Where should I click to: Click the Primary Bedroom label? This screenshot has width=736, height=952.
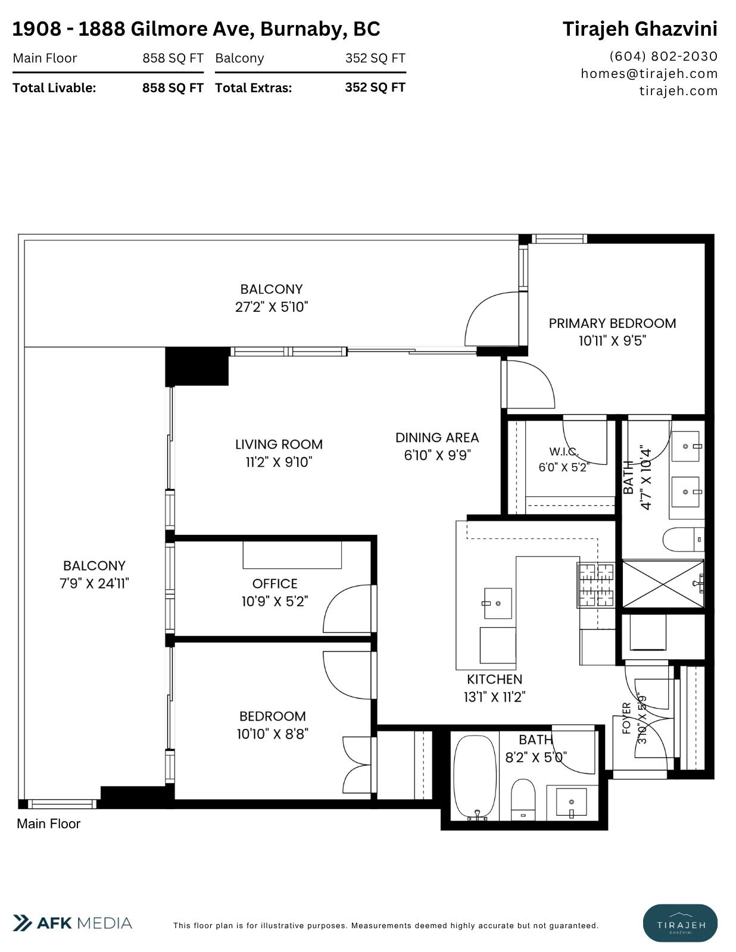(612, 323)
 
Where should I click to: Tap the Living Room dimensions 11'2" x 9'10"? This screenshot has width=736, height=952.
(279, 462)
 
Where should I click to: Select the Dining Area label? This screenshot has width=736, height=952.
(437, 438)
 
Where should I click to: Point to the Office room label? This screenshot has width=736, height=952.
(275, 584)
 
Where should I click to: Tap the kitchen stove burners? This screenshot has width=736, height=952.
(596, 585)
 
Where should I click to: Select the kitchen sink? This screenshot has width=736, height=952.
(498, 603)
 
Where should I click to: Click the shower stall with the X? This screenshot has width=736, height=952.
(663, 584)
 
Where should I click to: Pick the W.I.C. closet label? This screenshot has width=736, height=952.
(564, 452)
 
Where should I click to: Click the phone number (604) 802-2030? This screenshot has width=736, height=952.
(663, 57)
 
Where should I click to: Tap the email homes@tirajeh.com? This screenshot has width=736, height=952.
(649, 74)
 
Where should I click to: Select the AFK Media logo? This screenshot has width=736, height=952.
(72, 923)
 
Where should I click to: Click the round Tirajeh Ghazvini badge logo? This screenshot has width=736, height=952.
(681, 923)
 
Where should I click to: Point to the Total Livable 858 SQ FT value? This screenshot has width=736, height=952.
(173, 88)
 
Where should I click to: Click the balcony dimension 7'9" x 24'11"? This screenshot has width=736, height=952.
(94, 584)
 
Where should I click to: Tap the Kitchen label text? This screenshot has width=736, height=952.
(494, 679)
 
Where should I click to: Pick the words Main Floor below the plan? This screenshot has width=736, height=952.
(49, 824)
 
